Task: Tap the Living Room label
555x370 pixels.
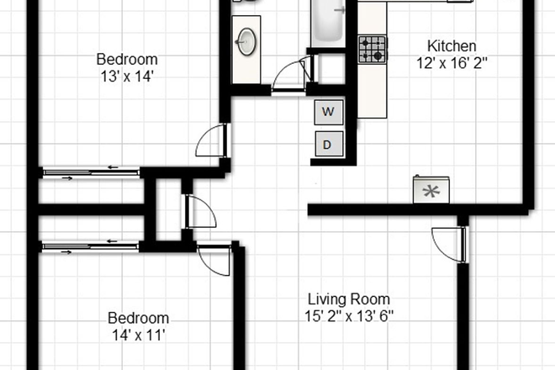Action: coord(348,299)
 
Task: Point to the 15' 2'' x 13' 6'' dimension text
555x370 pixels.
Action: coord(349,317)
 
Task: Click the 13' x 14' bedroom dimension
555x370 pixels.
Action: coord(126,76)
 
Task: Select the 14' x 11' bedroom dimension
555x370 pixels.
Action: coord(138,336)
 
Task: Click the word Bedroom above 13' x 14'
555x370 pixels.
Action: coord(126,59)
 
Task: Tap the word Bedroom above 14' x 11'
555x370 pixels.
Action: coord(138,319)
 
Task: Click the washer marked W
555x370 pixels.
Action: coord(328,111)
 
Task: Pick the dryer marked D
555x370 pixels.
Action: coord(328,144)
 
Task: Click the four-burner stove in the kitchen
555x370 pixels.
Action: coord(373,50)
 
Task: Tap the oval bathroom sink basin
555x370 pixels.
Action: coord(247,40)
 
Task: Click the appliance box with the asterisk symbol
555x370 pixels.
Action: coord(431,190)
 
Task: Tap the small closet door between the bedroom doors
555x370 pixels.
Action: coord(198,210)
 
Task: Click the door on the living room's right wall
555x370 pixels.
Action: coord(446,244)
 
